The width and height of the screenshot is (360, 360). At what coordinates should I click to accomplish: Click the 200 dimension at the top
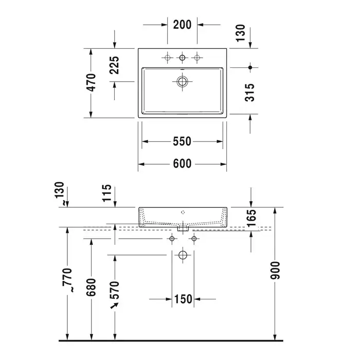pos(182,25)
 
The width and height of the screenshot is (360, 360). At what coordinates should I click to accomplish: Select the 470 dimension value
pos(91,82)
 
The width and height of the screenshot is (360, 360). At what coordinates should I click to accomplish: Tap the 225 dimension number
pos(114,65)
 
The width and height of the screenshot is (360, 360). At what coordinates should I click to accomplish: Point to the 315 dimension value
pos(250,93)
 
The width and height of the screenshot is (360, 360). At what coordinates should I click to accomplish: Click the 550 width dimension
pos(182,141)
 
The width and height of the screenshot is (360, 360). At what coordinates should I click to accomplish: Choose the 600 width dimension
pos(182,164)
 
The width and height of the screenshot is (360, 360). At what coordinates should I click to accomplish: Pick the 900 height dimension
pos(275,270)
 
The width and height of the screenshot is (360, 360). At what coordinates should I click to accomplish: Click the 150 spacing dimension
pos(183,299)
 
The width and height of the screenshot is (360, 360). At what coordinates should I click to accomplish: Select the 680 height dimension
pos(91,287)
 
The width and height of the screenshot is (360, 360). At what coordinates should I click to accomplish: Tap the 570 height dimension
pos(115,290)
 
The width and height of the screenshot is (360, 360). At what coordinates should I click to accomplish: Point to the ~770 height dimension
pos(68,280)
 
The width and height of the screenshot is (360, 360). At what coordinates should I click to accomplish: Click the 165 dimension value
pos(251,218)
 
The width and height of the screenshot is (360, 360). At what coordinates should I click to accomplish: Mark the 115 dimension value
pos(107,193)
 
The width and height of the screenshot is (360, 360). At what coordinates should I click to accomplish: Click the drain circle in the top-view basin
pos(182,81)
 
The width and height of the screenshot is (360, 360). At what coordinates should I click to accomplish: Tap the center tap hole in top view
pos(182,58)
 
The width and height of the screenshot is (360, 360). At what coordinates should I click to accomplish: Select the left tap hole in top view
pos(167,58)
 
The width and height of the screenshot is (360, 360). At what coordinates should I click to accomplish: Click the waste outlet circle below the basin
pos(183,255)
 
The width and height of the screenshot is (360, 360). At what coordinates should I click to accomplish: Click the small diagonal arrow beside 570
pos(114,305)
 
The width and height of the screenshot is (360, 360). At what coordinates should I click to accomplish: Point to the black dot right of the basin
pos(250,67)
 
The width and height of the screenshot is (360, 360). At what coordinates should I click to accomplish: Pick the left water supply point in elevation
pos(172,239)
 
